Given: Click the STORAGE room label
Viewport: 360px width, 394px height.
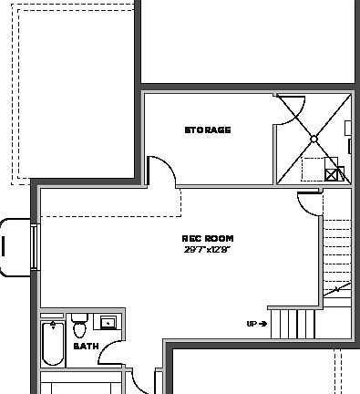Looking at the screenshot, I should [x=208, y=130].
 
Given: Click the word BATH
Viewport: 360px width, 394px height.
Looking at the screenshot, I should [x=86, y=347].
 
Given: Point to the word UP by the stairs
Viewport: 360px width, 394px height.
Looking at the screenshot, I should [x=252, y=324].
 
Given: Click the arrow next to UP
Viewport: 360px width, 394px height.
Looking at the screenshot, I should [x=262, y=324].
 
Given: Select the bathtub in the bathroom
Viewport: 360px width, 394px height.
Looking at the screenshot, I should [x=52, y=345].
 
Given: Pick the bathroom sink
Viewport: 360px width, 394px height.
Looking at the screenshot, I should [x=108, y=322].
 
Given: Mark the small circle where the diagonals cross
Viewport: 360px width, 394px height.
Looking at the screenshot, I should [x=313, y=140].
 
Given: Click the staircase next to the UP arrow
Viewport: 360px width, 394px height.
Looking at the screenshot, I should [x=291, y=323].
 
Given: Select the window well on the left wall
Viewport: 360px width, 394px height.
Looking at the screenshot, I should [x=15, y=244].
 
